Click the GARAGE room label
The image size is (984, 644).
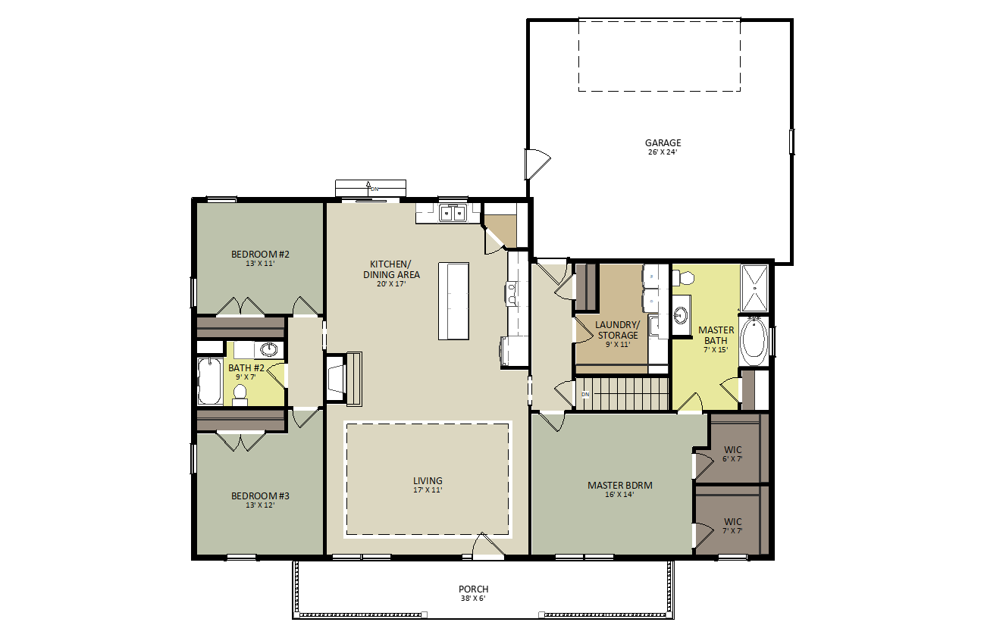663,142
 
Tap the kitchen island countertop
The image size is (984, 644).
453,301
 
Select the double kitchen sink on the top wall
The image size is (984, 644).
453,214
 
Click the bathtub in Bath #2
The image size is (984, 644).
209,381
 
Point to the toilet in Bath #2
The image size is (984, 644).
240,395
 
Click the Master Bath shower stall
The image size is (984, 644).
755,288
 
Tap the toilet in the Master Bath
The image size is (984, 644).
682,277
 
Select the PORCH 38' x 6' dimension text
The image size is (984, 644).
473,599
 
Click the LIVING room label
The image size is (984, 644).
428,480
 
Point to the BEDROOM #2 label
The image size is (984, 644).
260,254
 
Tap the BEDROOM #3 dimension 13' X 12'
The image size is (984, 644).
260,505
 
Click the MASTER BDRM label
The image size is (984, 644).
620,485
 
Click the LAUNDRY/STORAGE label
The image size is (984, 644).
618,330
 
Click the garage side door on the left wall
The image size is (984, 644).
537,164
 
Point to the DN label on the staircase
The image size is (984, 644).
585,394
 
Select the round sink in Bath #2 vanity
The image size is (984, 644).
268,349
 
